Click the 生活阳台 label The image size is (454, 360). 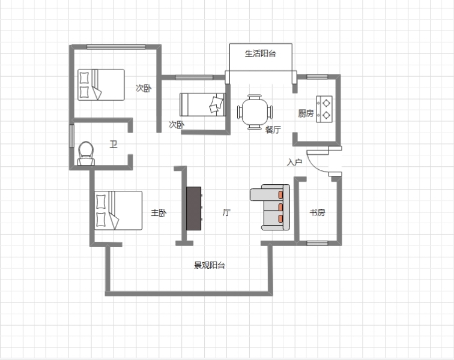coord(260,53)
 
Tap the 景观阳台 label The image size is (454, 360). coord(210,265)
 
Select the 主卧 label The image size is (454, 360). coord(159,213)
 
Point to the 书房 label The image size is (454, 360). coord(317,212)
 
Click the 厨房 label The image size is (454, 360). coord(306,113)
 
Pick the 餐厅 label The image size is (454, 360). coord(273,130)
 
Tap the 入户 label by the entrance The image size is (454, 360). coord(294,162)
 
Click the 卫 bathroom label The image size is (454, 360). coord(114,144)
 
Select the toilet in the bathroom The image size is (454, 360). coord(86,154)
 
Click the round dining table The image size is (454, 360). coord(255,112)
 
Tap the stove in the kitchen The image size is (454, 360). coord(324,109)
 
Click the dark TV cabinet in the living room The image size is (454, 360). coord(194,208)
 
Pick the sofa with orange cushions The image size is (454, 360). coord(270,207)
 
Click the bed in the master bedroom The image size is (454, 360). coord(118,211)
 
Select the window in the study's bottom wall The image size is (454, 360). coord(317,243)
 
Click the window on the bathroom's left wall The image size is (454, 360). coord(71,136)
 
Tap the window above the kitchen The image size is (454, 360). coord(317,77)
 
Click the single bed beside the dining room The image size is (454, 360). coord(202,104)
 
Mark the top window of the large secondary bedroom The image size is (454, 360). coord(116,47)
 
